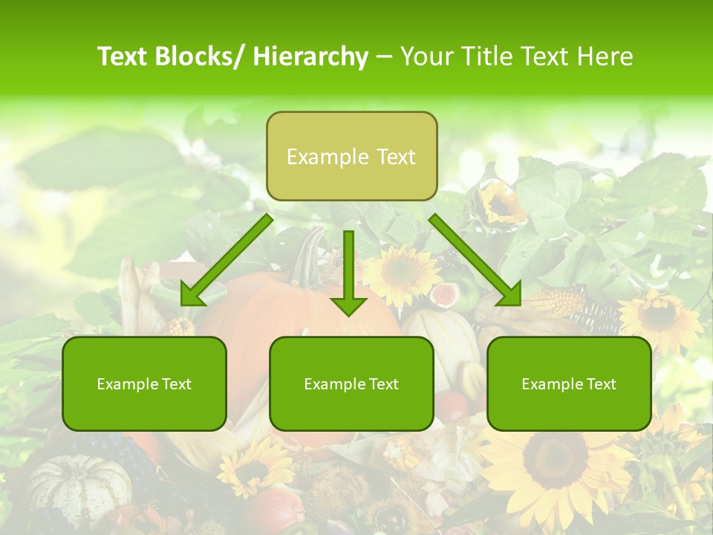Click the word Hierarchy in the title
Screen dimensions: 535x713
click(x=310, y=57)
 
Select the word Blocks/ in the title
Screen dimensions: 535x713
click(x=201, y=57)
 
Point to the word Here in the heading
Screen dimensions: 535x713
click(x=603, y=57)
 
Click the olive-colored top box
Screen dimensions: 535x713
click(x=351, y=157)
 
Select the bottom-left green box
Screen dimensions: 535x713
click(x=144, y=383)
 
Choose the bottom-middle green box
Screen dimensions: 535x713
click(x=351, y=383)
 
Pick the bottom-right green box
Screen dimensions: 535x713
click(x=569, y=383)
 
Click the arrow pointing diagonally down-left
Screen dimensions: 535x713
click(x=227, y=261)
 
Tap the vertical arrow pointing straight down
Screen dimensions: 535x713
click(x=348, y=271)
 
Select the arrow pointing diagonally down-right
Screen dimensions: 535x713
click(x=475, y=261)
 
